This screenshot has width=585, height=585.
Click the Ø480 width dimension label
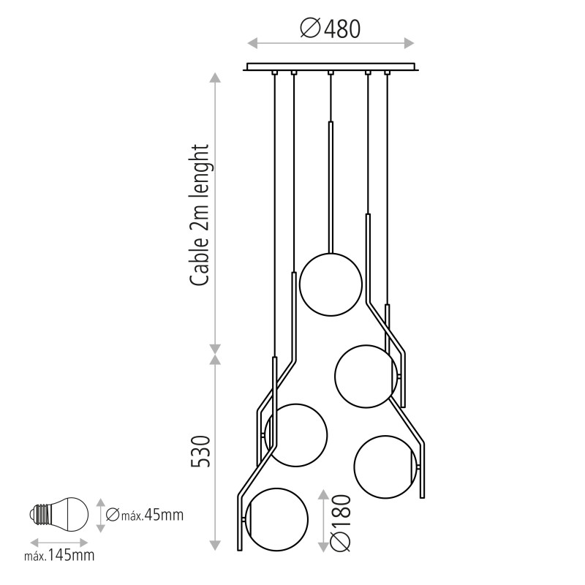tap(331, 29)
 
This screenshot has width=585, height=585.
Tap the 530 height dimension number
tap(201, 451)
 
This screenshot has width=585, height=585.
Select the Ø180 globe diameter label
tap(341, 522)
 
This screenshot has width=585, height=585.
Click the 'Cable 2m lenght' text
tap(200, 216)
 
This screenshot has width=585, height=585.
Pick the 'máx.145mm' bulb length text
tap(59, 555)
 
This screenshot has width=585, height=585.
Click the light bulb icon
tap(59, 515)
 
